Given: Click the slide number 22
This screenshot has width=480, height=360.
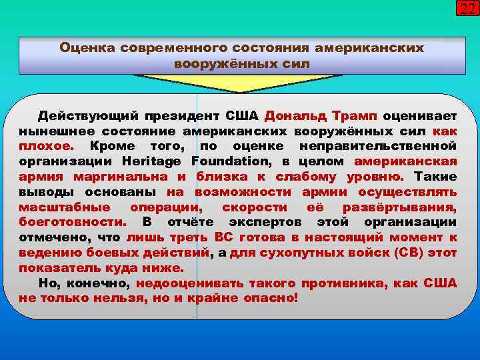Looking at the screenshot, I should [x=466, y=9].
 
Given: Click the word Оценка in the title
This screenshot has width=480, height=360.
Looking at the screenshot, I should [x=86, y=49].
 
